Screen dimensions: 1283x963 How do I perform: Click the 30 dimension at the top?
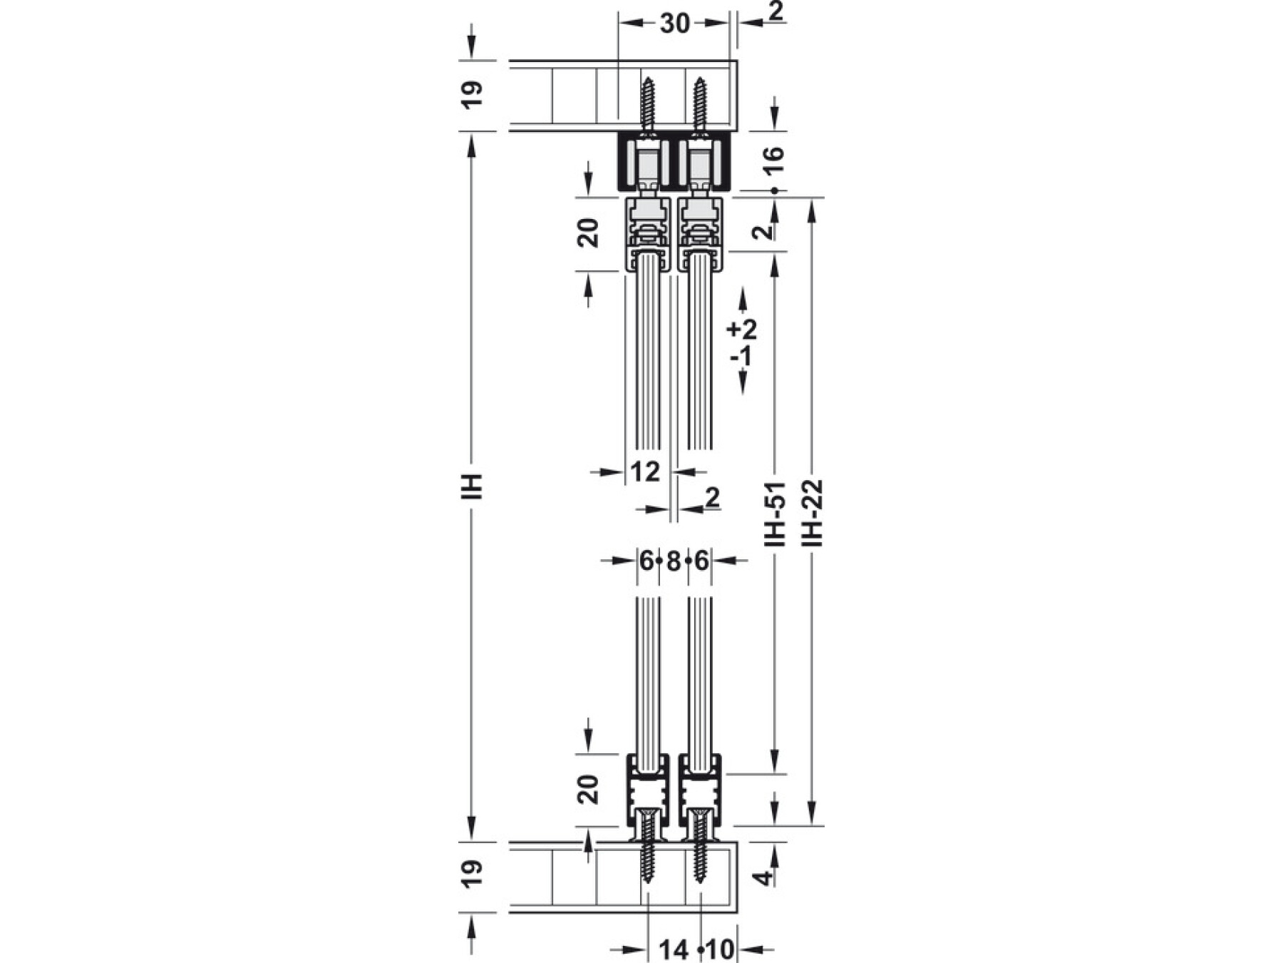tap(674, 24)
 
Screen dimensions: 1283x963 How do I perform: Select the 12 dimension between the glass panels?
tap(646, 472)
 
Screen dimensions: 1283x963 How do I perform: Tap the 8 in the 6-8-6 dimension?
tap(674, 561)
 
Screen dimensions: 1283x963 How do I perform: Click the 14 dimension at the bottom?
tap(674, 949)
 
